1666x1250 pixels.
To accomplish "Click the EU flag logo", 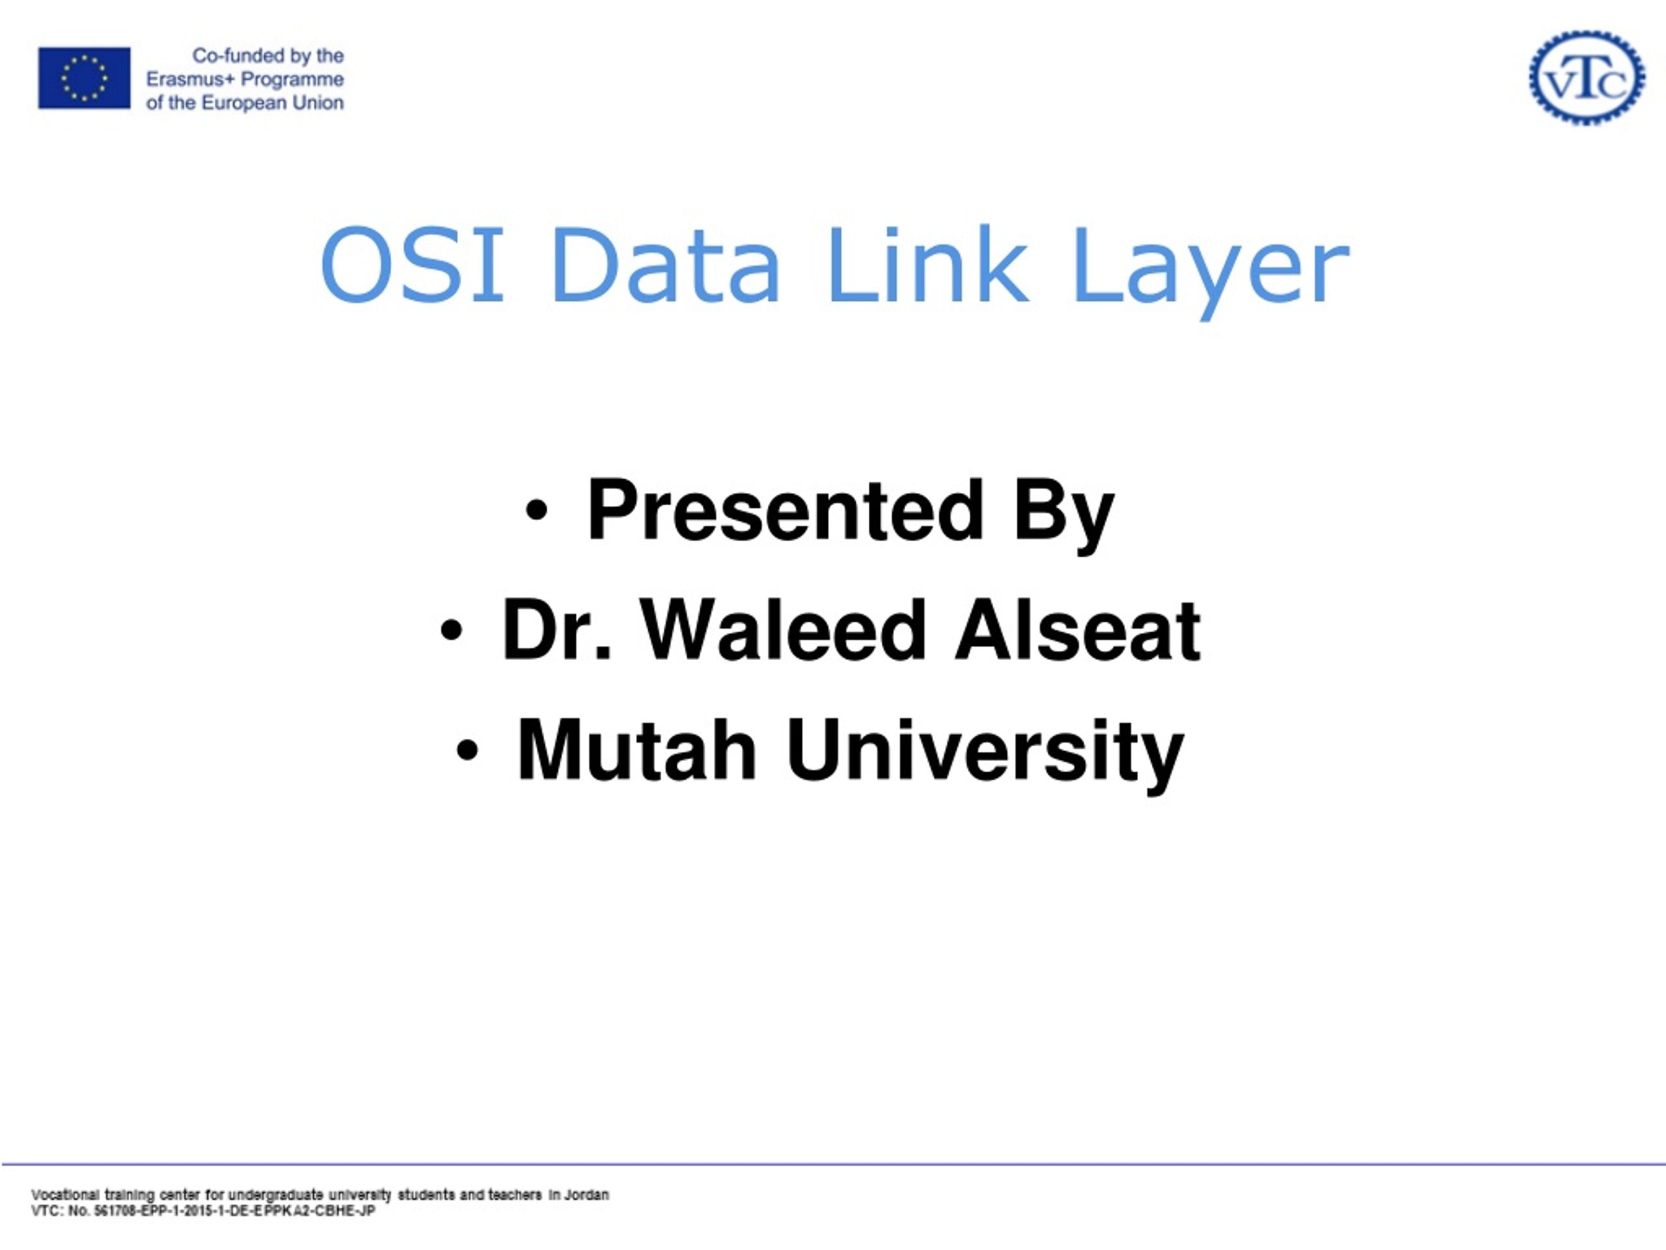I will pyautogui.click(x=85, y=78).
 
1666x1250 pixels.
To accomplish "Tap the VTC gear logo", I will pyautogui.click(x=1587, y=77).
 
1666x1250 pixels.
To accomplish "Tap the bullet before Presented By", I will pyautogui.click(x=536, y=510).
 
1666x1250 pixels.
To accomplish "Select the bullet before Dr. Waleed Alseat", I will pyautogui.click(x=450, y=631).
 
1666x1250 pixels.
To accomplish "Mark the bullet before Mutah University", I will pyautogui.click(x=467, y=751).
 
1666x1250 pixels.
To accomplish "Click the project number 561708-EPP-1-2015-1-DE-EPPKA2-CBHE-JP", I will pyautogui.click(x=234, y=1212).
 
